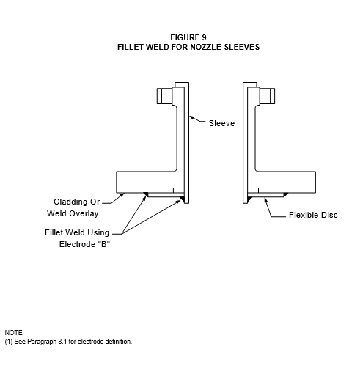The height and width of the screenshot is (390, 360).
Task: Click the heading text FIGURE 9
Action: (x=188, y=37)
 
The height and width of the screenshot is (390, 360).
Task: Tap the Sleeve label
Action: (x=221, y=123)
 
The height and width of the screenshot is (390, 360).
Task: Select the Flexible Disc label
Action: (x=313, y=215)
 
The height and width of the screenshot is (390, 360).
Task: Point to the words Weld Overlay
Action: (x=73, y=213)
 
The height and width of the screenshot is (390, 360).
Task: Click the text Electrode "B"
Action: (x=84, y=244)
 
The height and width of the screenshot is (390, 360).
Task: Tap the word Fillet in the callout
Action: (x=54, y=232)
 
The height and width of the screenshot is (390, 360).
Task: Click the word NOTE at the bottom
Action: (x=14, y=333)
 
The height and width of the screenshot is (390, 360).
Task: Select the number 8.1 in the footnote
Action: (x=62, y=342)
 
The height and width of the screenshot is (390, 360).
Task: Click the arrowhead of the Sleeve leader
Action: (x=191, y=117)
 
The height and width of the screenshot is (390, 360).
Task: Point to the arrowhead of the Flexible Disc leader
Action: (x=265, y=199)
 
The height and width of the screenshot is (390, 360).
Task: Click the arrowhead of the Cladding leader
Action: (x=122, y=195)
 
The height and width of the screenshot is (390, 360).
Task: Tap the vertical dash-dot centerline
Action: (x=216, y=144)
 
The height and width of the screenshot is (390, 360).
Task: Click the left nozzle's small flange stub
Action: (x=164, y=96)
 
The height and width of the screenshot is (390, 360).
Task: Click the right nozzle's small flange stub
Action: (x=268, y=96)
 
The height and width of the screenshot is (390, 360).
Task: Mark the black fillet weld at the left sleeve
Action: (x=183, y=199)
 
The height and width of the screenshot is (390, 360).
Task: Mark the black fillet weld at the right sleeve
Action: (x=249, y=199)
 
